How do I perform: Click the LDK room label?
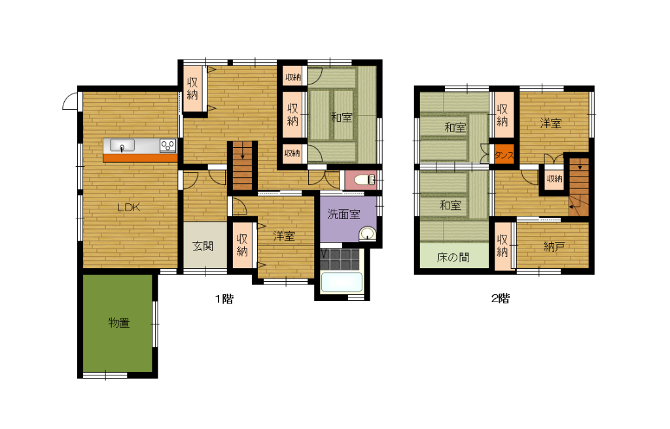click(x=129, y=208)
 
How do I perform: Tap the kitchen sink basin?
click(x=122, y=145)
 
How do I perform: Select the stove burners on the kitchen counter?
click(x=167, y=146)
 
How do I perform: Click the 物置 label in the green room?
click(x=119, y=322)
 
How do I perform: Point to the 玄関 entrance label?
click(x=203, y=246)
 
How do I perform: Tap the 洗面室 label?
click(x=344, y=214)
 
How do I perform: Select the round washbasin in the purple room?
click(x=367, y=234)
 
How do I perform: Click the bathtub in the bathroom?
click(x=342, y=282)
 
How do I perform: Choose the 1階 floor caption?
click(x=224, y=299)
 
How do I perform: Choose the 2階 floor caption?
click(x=501, y=298)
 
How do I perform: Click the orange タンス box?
click(x=503, y=154)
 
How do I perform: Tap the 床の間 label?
click(x=453, y=257)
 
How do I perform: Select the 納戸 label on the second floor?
click(x=554, y=247)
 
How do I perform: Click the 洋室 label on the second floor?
click(x=550, y=124)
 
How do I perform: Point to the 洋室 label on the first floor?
click(x=284, y=236)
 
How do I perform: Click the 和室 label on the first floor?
click(x=342, y=117)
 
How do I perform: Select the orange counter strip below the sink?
click(x=140, y=158)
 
